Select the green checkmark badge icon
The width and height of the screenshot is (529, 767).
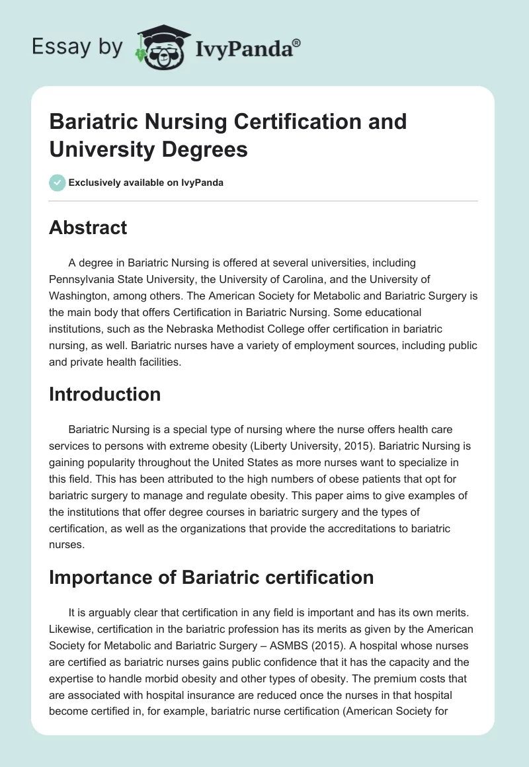coord(57,182)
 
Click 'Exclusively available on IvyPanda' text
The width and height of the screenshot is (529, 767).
coord(146,182)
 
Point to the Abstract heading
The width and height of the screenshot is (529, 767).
coord(88,227)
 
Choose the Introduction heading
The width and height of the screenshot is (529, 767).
coord(105,394)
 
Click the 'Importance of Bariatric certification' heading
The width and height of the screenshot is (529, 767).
coord(212,577)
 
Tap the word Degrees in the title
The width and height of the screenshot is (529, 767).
coord(202,149)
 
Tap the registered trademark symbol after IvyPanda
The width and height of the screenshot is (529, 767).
coord(297,42)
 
